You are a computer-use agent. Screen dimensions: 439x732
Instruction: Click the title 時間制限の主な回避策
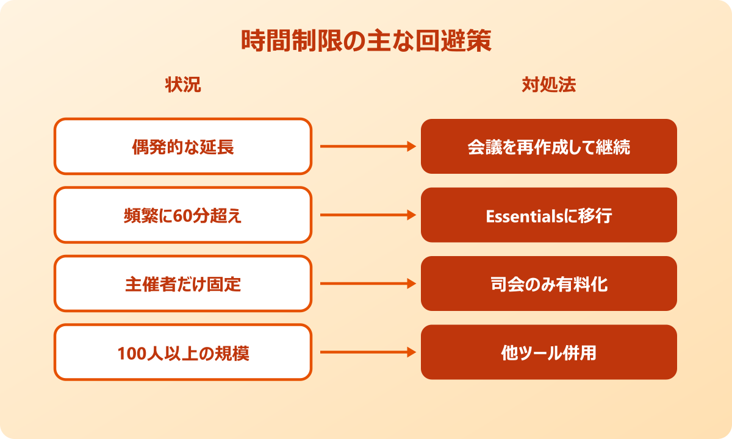[366, 42]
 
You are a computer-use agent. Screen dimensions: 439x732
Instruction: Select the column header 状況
[183, 85]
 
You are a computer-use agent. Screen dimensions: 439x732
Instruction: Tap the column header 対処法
[549, 85]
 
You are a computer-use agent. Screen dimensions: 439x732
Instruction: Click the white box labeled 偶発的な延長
[183, 146]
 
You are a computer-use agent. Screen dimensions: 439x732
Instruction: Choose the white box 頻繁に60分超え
[183, 215]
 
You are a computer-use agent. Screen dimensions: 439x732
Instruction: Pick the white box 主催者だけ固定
[183, 284]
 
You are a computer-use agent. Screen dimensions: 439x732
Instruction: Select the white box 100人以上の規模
[183, 353]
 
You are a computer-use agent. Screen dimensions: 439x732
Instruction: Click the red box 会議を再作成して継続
[549, 146]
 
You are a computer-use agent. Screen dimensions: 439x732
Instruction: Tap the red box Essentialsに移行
[549, 215]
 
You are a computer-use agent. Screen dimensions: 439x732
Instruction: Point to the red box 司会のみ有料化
[549, 284]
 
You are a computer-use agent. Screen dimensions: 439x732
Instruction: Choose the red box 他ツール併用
[549, 353]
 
